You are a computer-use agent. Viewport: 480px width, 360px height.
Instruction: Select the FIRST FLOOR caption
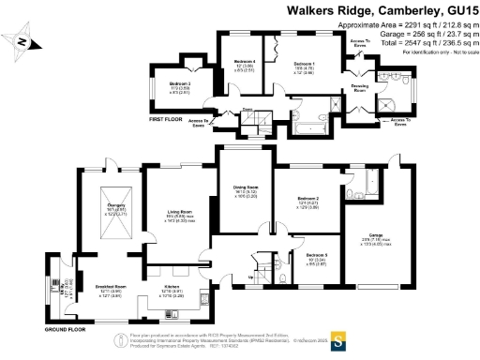(168, 120)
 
